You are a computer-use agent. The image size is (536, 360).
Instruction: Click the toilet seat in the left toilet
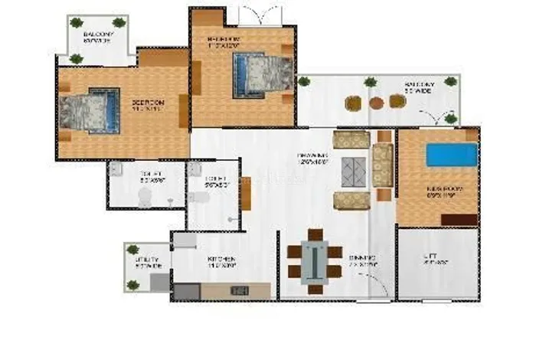pyautogui.click(x=143, y=197)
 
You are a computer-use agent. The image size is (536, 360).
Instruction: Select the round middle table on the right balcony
pyautogui.click(x=376, y=102)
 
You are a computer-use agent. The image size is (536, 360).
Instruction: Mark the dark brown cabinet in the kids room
pyautogui.click(x=460, y=221)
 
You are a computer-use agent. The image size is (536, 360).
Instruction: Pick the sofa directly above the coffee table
pyautogui.click(x=351, y=139)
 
